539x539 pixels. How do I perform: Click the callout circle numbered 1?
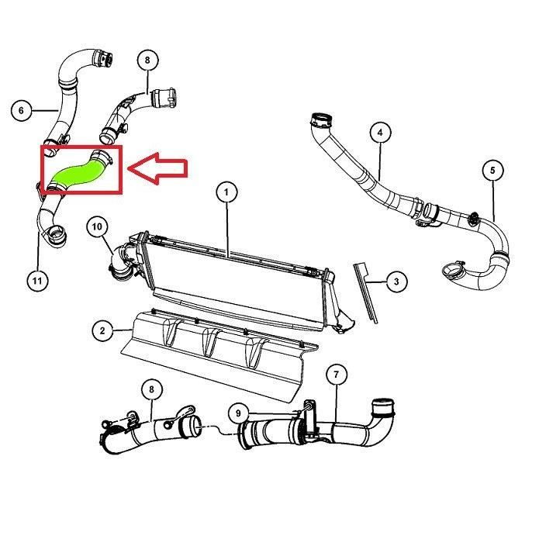226,192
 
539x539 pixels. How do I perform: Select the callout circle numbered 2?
102,330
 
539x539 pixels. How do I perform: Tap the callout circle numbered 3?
396,282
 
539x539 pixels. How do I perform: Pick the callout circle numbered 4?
380,133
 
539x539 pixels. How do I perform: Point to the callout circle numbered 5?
492,170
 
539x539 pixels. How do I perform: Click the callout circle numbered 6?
21,110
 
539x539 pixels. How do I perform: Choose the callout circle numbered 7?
336,375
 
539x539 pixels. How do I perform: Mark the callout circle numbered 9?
239,413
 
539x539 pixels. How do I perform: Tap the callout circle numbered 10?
97,227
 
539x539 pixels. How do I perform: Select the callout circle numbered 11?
37,281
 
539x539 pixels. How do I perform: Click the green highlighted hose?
78,173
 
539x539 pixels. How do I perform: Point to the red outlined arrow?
158,168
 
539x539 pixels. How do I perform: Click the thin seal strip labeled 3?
366,293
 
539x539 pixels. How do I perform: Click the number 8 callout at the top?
147,60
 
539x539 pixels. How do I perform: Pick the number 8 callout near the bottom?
151,389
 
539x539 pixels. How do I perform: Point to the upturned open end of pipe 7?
383,406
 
